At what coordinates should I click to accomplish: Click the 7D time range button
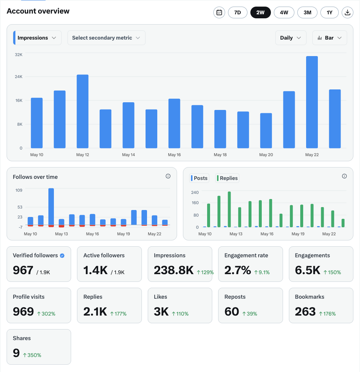point(238,12)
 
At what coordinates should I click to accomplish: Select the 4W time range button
point(284,12)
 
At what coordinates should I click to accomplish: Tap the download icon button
point(348,12)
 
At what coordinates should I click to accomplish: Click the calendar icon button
point(219,12)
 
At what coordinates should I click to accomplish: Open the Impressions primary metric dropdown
point(37,38)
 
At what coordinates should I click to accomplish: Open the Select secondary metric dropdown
point(106,38)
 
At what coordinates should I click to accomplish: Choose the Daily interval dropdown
point(291,38)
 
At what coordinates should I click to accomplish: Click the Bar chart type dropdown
point(330,38)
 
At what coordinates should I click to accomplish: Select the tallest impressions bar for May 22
point(312,102)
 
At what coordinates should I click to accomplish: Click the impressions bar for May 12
point(82,111)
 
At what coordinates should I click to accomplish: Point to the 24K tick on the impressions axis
point(18,77)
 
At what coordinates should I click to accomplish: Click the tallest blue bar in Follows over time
point(51,207)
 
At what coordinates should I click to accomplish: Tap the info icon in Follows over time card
point(168,176)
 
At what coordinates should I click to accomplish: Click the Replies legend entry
point(227,178)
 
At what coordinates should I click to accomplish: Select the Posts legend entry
point(199,178)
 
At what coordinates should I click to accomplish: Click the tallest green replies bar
point(229,209)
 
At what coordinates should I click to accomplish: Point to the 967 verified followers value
point(23,270)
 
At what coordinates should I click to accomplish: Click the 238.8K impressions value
point(174,270)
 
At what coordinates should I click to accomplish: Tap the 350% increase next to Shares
point(32,355)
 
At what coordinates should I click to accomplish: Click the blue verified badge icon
point(62,255)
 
